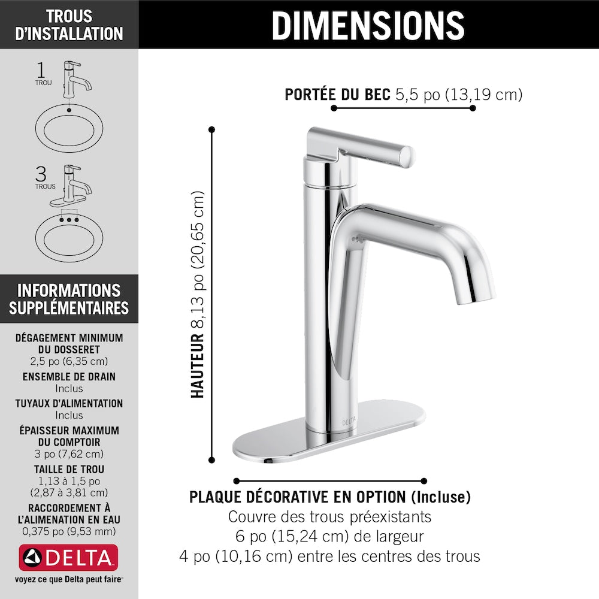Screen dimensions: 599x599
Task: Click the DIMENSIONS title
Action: (368, 25)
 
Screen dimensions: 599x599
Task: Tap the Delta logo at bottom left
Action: (69, 558)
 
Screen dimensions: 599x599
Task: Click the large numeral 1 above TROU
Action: (41, 70)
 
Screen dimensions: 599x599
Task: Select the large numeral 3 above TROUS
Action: (41, 174)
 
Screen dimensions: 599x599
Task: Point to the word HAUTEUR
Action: (198, 365)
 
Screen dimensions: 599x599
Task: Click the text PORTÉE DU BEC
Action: (338, 95)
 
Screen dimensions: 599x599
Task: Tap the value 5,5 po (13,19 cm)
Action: (459, 95)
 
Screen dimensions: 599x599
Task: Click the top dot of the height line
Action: (211, 129)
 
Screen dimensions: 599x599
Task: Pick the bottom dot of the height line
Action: (211, 460)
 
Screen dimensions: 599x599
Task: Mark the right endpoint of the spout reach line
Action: (473, 108)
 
